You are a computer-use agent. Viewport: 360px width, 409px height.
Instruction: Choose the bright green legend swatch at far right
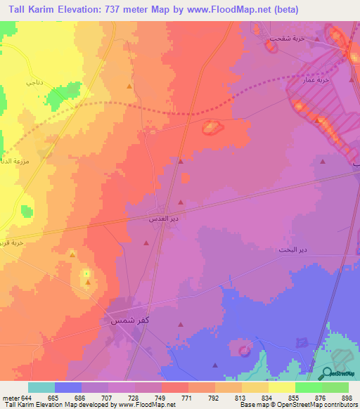pyautogui.click(x=335, y=387)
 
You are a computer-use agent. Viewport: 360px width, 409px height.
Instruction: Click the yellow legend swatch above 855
pyautogui.click(x=281, y=387)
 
